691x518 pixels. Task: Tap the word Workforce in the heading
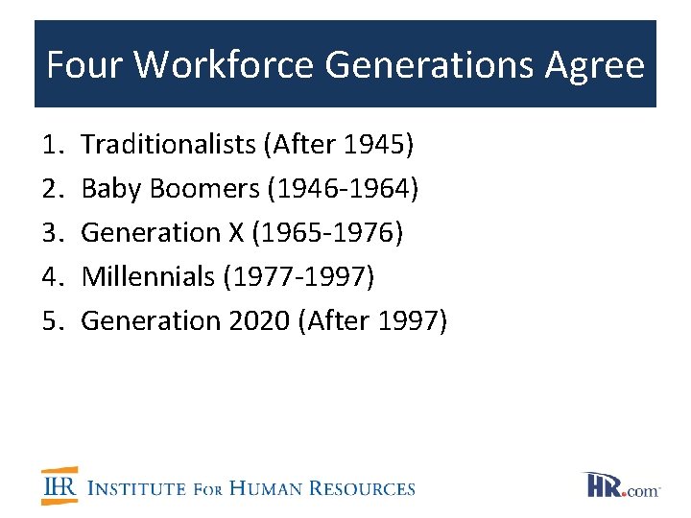pyautogui.click(x=224, y=65)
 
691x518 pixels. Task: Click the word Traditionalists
pyautogui.click(x=168, y=145)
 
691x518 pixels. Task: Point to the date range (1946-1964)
pyautogui.click(x=344, y=189)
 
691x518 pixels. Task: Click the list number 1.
pyautogui.click(x=51, y=145)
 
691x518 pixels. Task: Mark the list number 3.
pyautogui.click(x=51, y=233)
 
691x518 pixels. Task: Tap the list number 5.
pyautogui.click(x=51, y=321)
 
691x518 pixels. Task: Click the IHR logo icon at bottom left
pyautogui.click(x=60, y=485)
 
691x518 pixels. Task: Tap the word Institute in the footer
pyautogui.click(x=137, y=488)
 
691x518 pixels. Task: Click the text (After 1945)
pyautogui.click(x=338, y=145)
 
